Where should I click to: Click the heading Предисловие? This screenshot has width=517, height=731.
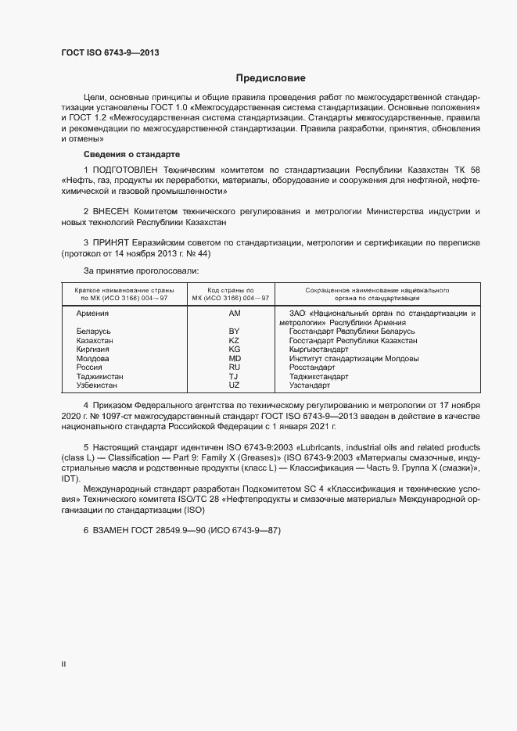(x=271, y=78)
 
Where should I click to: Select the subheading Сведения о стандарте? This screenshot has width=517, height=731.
(x=131, y=154)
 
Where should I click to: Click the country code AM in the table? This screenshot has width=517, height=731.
(x=233, y=313)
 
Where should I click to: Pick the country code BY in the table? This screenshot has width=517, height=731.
(x=233, y=331)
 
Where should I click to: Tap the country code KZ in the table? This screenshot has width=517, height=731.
(x=233, y=341)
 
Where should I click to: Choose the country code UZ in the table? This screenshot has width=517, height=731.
(x=233, y=385)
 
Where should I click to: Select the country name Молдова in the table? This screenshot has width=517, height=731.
(x=92, y=359)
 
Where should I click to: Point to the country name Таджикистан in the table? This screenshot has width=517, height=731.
(x=99, y=377)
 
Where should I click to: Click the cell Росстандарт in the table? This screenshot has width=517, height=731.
(x=312, y=367)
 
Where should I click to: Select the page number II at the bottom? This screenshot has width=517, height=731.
(x=63, y=665)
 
